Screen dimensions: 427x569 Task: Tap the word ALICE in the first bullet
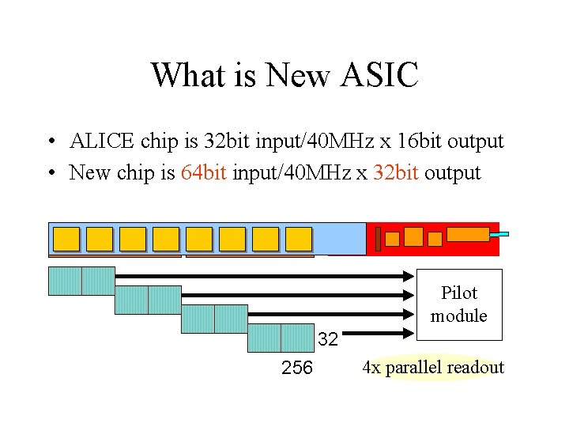click(x=102, y=142)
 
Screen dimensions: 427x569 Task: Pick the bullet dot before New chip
click(x=50, y=173)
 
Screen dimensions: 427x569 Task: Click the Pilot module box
click(x=458, y=304)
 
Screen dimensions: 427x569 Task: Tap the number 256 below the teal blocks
click(x=297, y=368)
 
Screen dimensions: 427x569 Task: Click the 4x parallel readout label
click(x=432, y=368)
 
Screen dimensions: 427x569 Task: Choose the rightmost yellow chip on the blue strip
click(x=299, y=239)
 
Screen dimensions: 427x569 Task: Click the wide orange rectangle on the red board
click(x=468, y=233)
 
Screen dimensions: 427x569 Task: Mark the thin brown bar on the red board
click(x=379, y=239)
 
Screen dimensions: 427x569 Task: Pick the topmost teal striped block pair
click(x=81, y=281)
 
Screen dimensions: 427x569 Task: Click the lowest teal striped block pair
click(x=281, y=338)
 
